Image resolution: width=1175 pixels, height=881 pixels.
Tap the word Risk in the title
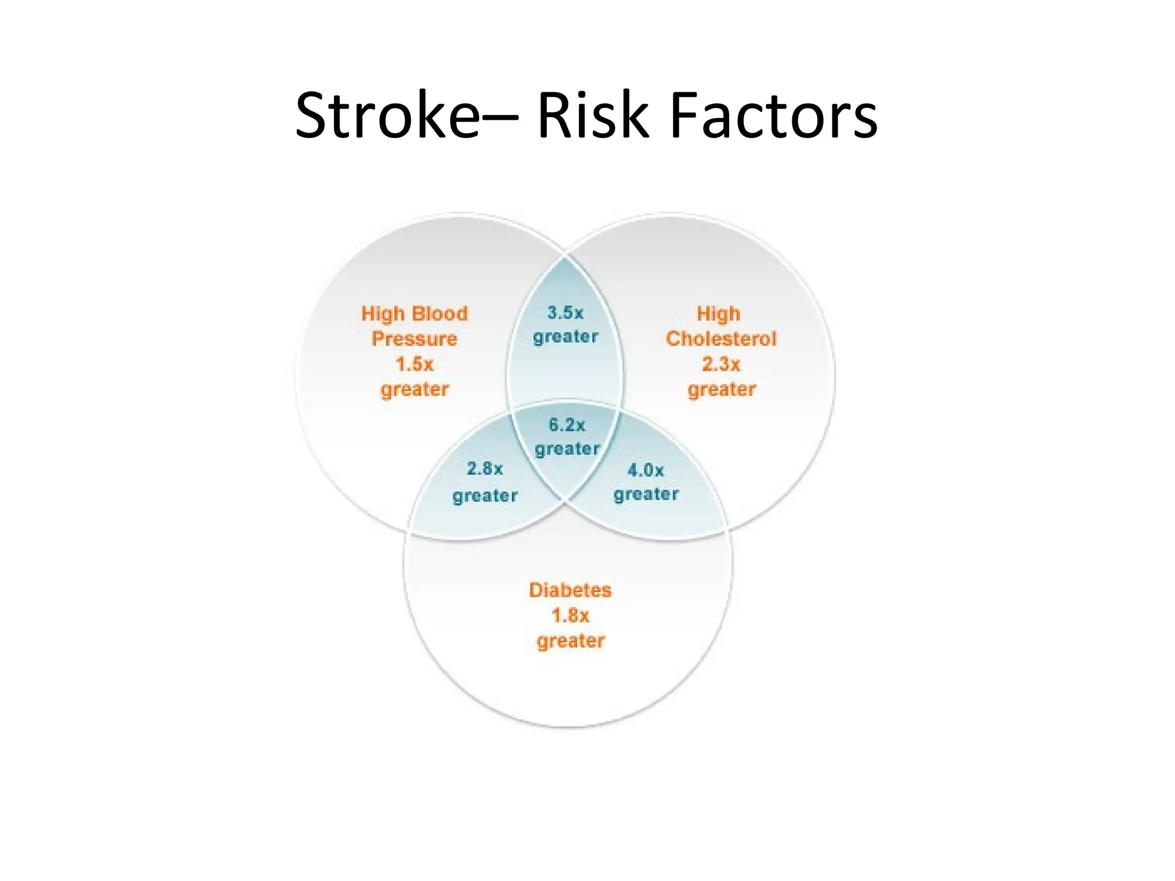coord(593,116)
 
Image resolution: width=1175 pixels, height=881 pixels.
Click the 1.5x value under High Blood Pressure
coord(414,364)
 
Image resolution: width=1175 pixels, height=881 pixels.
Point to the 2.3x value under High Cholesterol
coord(721,364)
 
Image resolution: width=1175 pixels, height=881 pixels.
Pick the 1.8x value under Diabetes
coord(570,615)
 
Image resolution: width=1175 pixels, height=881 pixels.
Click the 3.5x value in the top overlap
coord(565,313)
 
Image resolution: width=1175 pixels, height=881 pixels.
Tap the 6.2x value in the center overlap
coord(567,425)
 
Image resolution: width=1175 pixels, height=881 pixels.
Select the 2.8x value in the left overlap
coord(485,469)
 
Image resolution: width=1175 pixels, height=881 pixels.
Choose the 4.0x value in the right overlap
coord(645,470)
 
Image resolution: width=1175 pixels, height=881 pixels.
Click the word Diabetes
coord(570,590)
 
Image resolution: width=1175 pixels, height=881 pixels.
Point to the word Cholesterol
coord(721,338)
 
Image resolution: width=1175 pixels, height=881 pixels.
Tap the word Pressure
coord(414,338)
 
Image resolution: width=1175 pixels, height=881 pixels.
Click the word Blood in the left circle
coord(440,313)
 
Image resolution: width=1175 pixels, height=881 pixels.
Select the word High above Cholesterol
coord(718,313)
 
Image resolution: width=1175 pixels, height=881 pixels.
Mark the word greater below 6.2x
coord(567,449)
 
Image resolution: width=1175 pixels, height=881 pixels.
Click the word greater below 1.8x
coord(570,641)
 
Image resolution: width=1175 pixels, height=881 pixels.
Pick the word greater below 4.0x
coord(646,494)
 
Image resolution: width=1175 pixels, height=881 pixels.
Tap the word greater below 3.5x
coord(565,337)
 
